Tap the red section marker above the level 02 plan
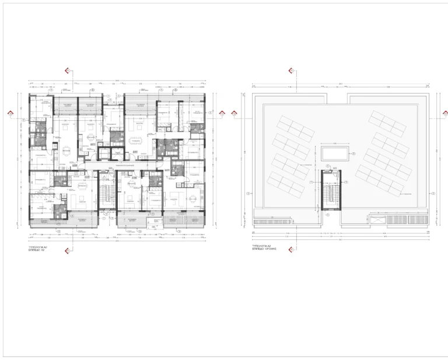click(68, 71)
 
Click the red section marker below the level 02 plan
click(68, 251)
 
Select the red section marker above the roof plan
click(292, 71)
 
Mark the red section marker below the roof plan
click(292, 251)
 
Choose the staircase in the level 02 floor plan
click(105, 193)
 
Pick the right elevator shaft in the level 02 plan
click(143, 153)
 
